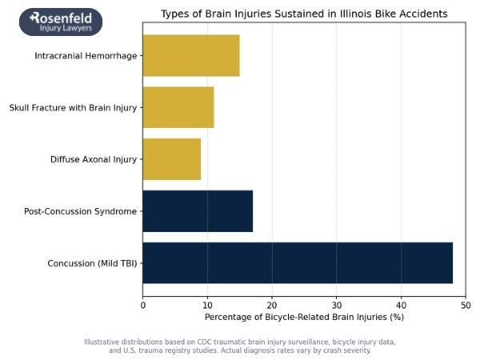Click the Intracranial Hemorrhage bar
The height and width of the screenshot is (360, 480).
[x=191, y=56]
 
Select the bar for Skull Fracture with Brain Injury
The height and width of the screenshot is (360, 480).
[x=178, y=107]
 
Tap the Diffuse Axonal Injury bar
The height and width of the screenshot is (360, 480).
[x=172, y=159]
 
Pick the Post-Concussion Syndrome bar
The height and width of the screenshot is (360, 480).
[x=198, y=211]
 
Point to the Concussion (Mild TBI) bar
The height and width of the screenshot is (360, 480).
[x=298, y=262]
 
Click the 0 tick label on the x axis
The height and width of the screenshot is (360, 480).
[x=143, y=304]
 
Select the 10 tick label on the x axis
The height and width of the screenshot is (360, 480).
[x=207, y=304]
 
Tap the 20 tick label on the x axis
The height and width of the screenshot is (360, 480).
[x=272, y=304]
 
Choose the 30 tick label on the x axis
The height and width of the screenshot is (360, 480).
[x=337, y=304]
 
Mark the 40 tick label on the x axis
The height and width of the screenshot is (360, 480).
[x=401, y=304]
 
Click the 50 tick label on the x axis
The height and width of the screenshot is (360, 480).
[x=466, y=304]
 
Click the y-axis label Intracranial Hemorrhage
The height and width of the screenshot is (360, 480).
[x=86, y=56]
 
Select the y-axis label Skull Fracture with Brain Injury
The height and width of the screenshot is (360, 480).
[x=73, y=108]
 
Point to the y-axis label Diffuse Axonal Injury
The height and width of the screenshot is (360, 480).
[x=94, y=159]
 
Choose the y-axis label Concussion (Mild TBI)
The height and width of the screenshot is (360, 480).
[x=92, y=263]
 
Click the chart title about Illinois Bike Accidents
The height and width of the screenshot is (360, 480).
[x=304, y=14]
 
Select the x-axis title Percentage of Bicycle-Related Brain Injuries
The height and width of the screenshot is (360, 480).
[x=304, y=318]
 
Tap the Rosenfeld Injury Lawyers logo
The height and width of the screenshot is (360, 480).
[x=61, y=22]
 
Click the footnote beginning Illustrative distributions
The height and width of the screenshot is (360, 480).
[x=240, y=346]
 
